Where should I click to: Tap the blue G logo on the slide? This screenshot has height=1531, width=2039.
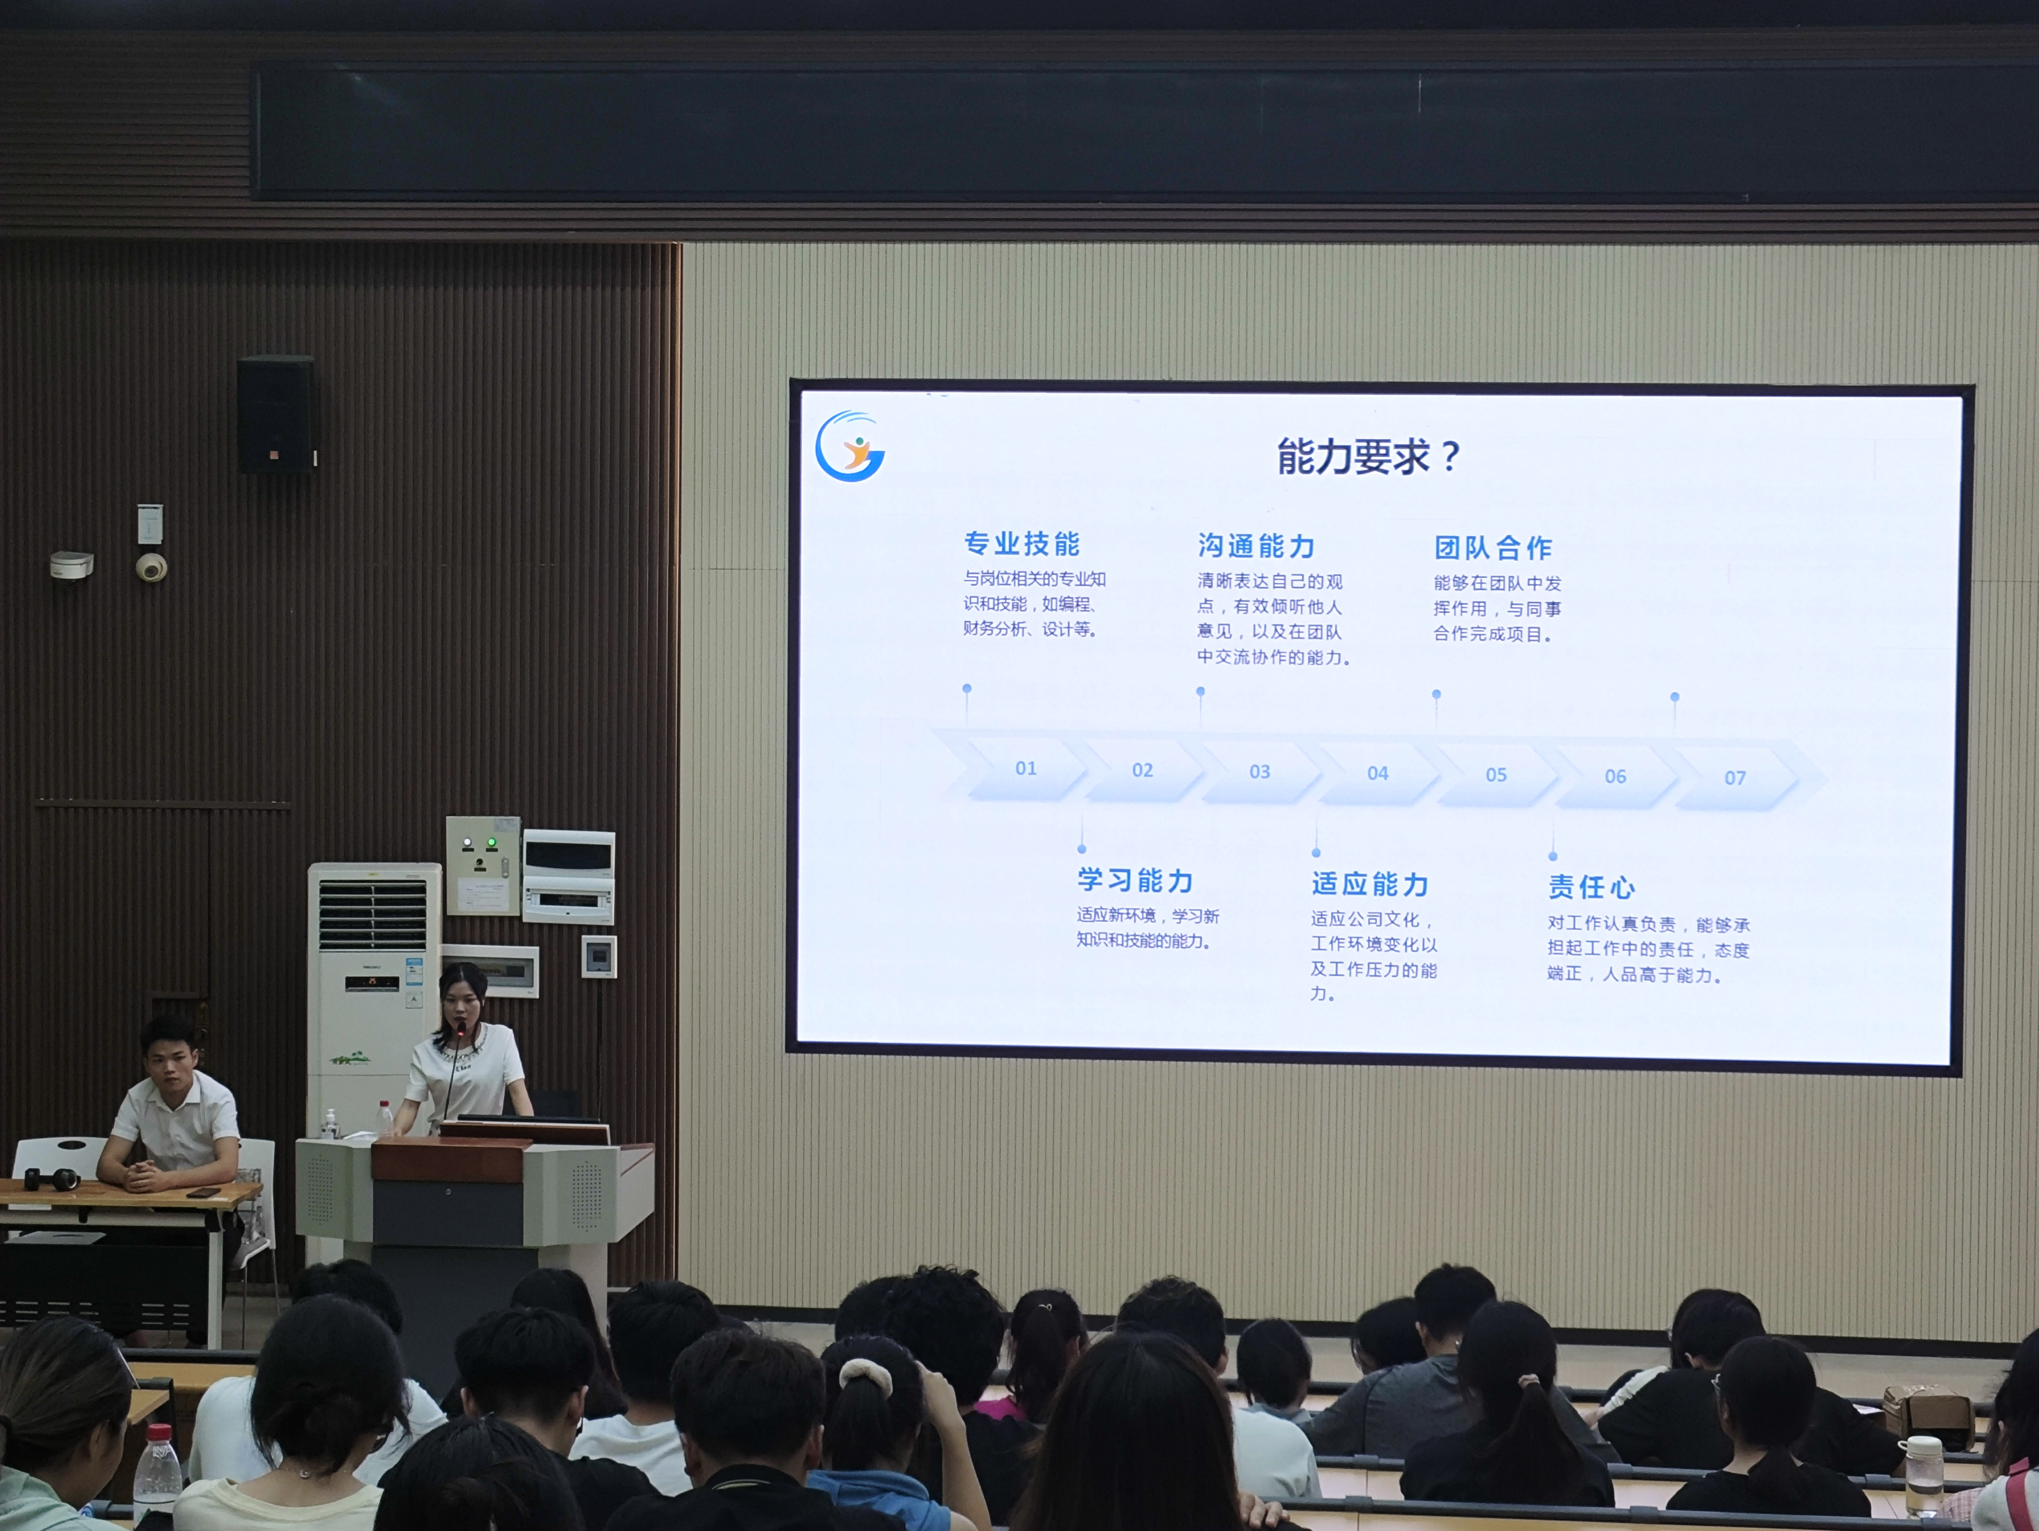point(849,447)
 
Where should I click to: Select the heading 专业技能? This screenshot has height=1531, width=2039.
point(1021,544)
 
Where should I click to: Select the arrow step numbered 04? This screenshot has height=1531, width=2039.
point(1377,773)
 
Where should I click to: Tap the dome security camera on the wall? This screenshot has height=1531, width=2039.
point(151,566)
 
